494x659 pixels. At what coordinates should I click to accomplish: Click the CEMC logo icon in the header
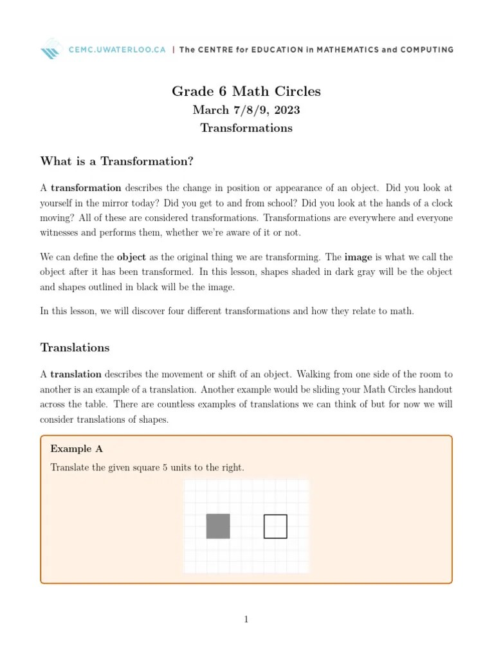pyautogui.click(x=51, y=49)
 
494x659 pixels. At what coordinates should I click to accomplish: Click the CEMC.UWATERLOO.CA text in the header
pyautogui.click(x=115, y=50)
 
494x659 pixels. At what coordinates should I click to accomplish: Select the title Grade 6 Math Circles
pyautogui.click(x=246, y=91)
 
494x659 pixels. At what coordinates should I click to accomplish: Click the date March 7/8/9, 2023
pyautogui.click(x=246, y=110)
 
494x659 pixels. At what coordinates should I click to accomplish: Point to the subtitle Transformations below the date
pyautogui.click(x=246, y=128)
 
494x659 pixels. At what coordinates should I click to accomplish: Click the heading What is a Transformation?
pyautogui.click(x=116, y=161)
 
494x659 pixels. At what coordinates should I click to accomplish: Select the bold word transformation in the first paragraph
pyautogui.click(x=86, y=188)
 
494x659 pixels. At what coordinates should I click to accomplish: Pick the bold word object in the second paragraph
pyautogui.click(x=131, y=257)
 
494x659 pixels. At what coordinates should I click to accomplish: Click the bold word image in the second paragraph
pyautogui.click(x=358, y=257)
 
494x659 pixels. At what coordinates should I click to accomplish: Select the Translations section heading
pyautogui.click(x=75, y=348)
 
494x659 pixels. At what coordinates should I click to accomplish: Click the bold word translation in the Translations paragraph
pyautogui.click(x=76, y=374)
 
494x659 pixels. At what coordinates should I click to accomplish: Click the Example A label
pyautogui.click(x=77, y=449)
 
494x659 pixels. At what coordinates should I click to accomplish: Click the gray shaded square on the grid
pyautogui.click(x=218, y=526)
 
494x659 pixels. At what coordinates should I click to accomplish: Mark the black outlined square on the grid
pyautogui.click(x=275, y=526)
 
